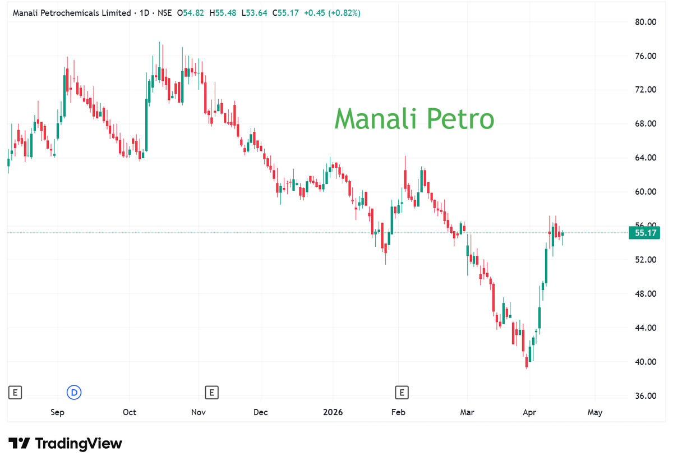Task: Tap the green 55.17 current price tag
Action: pos(644,233)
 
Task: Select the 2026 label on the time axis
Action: pos(333,412)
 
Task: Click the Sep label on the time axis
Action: pos(57,412)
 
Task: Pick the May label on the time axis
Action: pos(594,412)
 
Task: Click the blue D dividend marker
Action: pos(74,393)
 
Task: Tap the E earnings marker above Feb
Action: pos(401,393)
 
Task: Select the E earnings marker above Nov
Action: pos(211,393)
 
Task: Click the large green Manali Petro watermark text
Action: pos(414,119)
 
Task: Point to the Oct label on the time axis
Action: pos(130,412)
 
